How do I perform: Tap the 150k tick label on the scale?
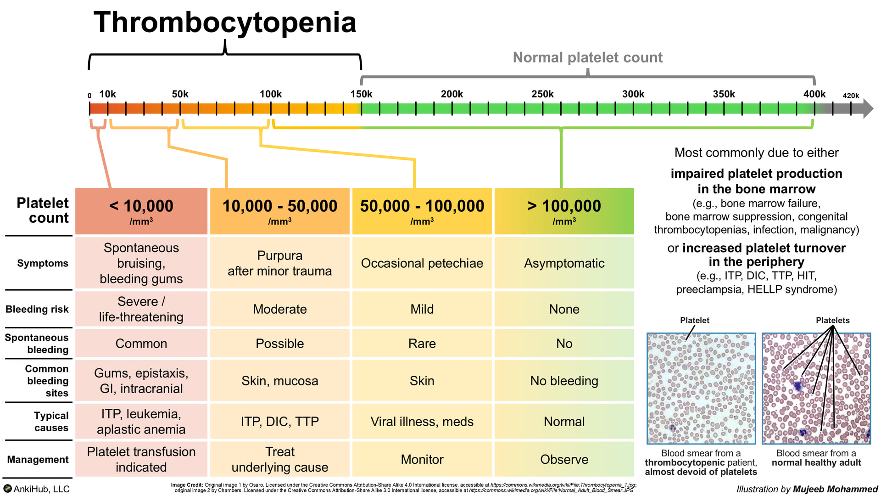pos(361,94)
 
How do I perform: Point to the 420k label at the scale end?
pos(851,96)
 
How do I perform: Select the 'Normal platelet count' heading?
pos(587,57)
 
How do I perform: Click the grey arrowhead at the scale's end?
pos(868,109)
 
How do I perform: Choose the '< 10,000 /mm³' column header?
pos(141,211)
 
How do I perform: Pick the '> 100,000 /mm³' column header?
pos(564,211)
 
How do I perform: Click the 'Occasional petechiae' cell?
pos(422,263)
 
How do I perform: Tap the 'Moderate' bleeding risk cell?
pos(279,309)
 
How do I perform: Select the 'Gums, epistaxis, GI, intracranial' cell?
pos(141,381)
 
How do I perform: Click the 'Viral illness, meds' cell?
pos(422,422)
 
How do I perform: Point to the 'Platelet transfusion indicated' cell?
pos(141,459)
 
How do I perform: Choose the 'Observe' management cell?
pos(564,459)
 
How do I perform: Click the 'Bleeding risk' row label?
pos(37,309)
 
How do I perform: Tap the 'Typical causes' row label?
pos(51,422)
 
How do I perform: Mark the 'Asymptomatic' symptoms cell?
pos(564,263)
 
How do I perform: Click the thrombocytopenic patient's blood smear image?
pos(701,388)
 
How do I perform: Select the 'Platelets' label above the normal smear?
pos(832,320)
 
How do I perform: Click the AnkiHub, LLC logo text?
pos(41,489)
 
